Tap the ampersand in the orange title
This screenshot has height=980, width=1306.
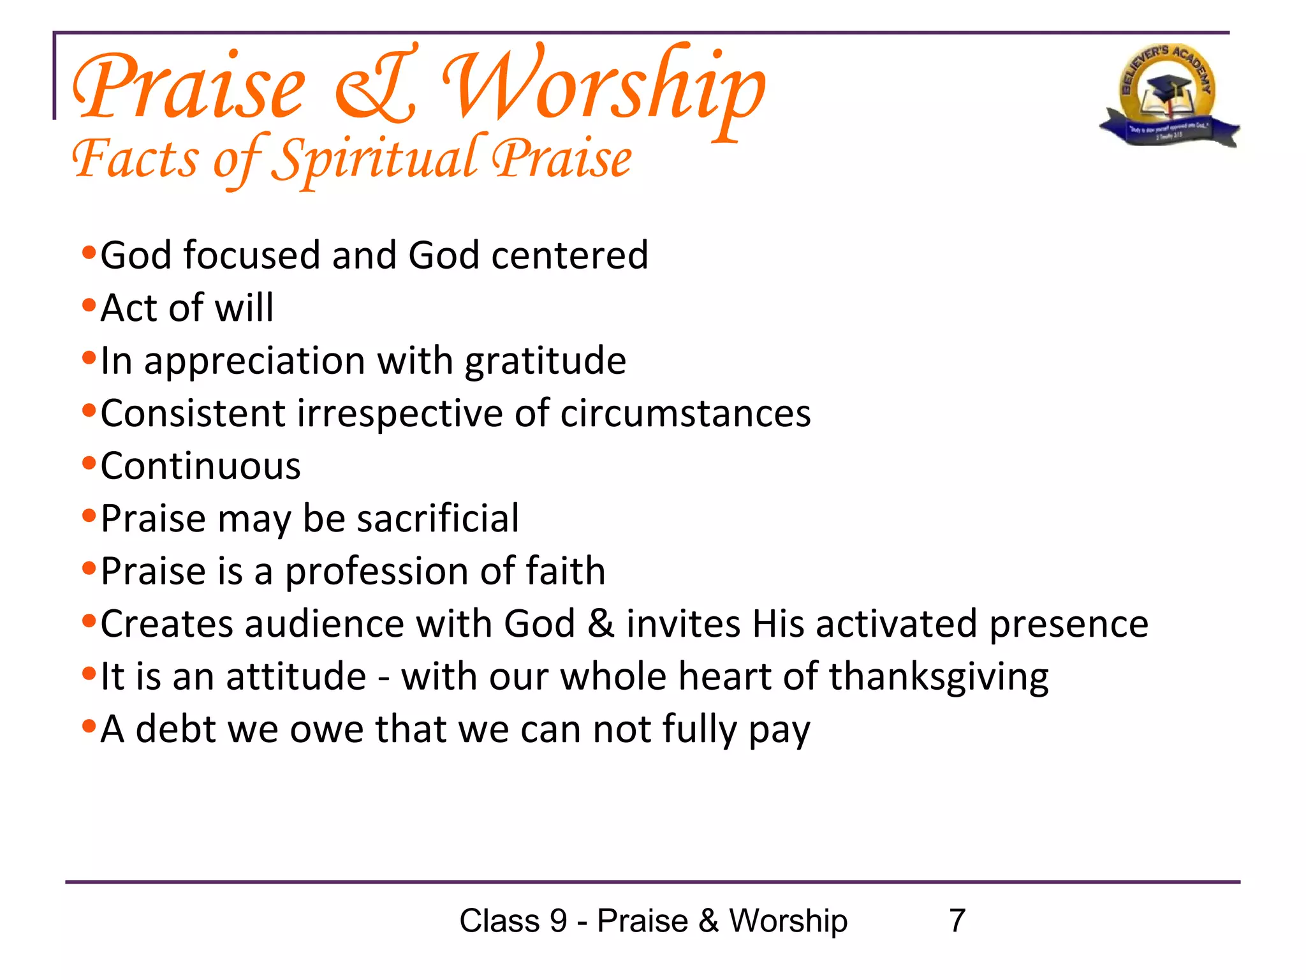click(x=376, y=86)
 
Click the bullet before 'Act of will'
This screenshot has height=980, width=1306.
click(x=89, y=304)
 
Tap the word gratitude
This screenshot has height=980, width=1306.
click(x=545, y=362)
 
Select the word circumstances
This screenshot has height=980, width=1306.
click(x=686, y=413)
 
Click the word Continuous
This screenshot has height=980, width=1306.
click(x=200, y=466)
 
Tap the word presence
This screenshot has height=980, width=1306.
click(x=1069, y=623)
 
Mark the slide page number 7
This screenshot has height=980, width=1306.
click(x=957, y=921)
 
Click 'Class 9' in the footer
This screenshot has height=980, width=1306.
click(x=513, y=921)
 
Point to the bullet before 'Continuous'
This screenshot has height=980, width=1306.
click(x=89, y=463)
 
